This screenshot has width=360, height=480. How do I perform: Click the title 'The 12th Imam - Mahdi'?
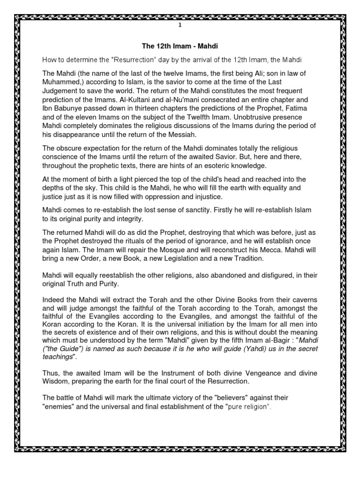click(x=180, y=46)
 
